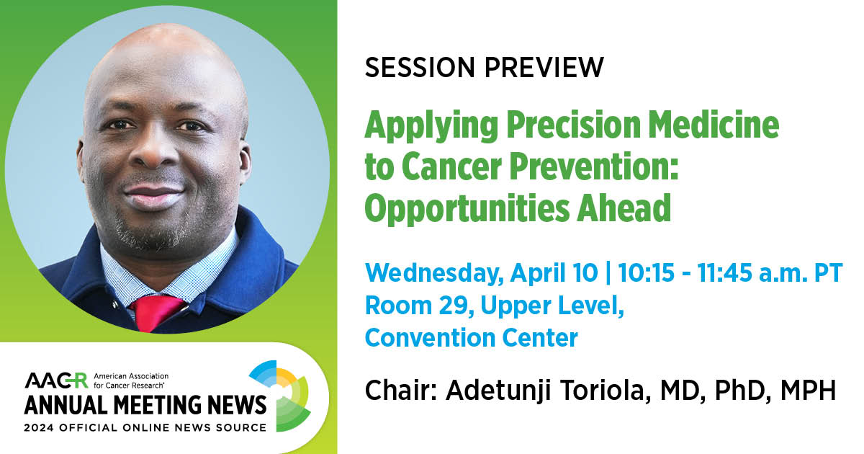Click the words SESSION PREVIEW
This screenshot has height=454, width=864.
(x=484, y=67)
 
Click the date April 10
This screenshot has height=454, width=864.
(x=556, y=274)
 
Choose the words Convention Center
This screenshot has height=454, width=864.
(x=471, y=337)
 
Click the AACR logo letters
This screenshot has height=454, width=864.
(x=55, y=380)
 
